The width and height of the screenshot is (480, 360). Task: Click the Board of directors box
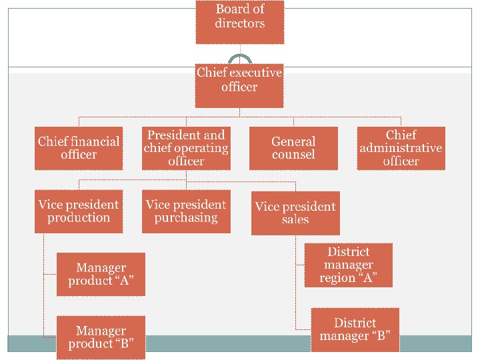[240, 22]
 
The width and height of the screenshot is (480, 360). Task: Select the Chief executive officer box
[239, 85]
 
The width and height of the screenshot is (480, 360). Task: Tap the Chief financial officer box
[79, 148]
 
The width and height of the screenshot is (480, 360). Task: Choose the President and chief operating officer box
[186, 148]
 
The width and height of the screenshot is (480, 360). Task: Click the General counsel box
[293, 148]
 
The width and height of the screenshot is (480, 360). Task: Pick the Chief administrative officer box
[401, 148]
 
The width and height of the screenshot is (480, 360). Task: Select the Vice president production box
[79, 211]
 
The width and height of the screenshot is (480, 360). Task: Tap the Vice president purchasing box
[186, 211]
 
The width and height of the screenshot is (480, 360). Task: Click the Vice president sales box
[295, 213]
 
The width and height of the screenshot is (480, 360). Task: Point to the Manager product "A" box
[101, 274]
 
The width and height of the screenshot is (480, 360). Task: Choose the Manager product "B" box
[101, 337]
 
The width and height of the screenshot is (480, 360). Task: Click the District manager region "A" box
[349, 265]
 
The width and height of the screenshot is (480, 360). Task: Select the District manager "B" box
[355, 329]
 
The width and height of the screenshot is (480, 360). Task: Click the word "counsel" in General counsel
[293, 155]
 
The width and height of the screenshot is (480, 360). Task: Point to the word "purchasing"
[186, 218]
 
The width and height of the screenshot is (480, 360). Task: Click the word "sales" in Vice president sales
[295, 219]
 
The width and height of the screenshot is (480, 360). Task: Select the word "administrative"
[401, 148]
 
